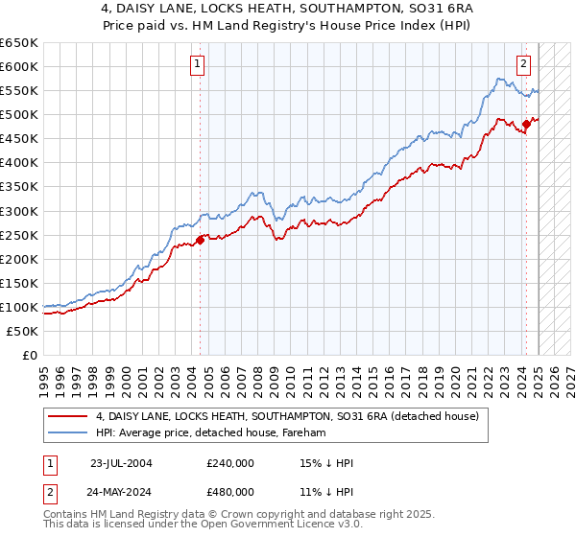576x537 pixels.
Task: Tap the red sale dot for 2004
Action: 200,240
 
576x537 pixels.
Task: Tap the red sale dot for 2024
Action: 527,124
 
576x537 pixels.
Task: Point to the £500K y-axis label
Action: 20,115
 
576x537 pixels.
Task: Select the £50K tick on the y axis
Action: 24,331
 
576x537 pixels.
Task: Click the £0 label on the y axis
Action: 31,355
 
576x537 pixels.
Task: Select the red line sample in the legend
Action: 67,416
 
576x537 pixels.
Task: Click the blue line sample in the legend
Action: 67,432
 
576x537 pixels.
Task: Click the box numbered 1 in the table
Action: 49,463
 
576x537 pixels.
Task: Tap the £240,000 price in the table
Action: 230,463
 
